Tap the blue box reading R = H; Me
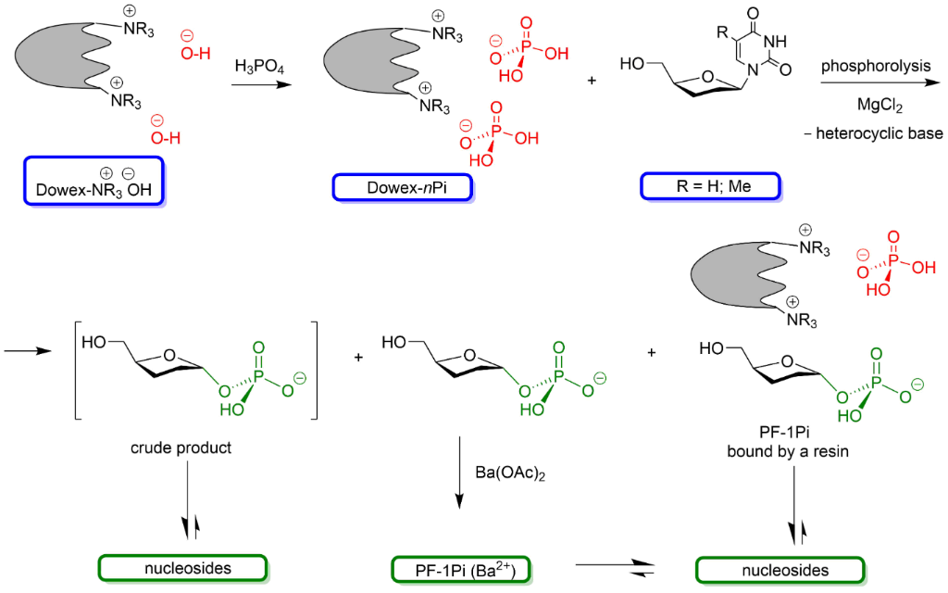(710, 188)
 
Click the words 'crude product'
(181, 448)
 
